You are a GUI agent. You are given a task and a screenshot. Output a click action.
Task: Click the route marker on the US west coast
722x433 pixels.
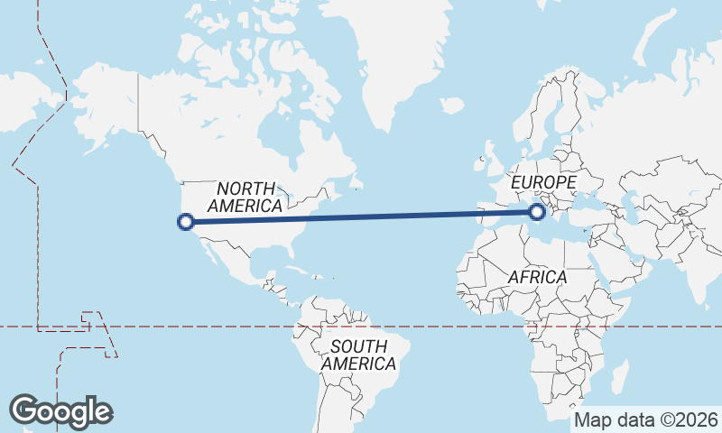[186, 221]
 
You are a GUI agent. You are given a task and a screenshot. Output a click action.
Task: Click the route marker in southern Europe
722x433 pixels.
[538, 212]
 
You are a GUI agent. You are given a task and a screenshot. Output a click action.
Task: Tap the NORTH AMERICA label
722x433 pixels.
[245, 197]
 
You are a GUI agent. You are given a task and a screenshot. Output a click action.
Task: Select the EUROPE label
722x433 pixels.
[543, 183]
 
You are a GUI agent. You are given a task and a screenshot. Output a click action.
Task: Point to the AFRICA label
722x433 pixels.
[537, 277]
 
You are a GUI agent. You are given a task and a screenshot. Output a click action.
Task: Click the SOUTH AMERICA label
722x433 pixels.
[358, 355]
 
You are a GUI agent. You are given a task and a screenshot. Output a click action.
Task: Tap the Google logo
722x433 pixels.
[60, 411]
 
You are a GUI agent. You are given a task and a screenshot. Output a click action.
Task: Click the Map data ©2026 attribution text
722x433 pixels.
[646, 420]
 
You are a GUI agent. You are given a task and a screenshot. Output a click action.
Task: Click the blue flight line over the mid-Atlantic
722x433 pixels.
[379, 216]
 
